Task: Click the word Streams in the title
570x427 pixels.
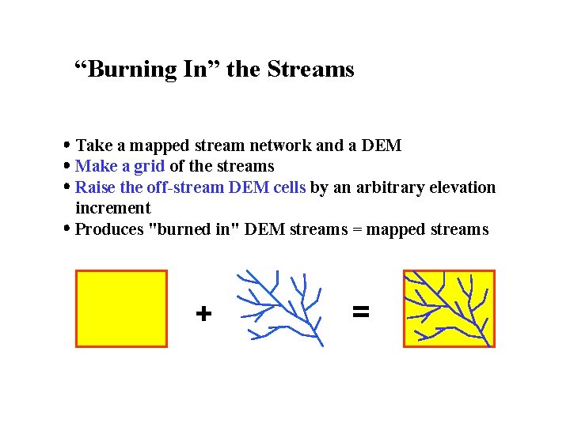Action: (310, 70)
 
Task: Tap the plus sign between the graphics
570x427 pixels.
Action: (203, 315)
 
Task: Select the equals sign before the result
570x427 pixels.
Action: (360, 312)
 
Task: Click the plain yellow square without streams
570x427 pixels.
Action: (121, 308)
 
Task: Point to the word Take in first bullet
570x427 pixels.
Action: (94, 145)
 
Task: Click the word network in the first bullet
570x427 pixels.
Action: (281, 145)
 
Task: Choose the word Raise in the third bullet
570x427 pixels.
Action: (96, 187)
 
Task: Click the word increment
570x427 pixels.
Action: (112, 208)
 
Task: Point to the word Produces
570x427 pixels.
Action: (109, 229)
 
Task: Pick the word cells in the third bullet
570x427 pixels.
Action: (288, 187)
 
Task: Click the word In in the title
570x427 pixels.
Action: (195, 70)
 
